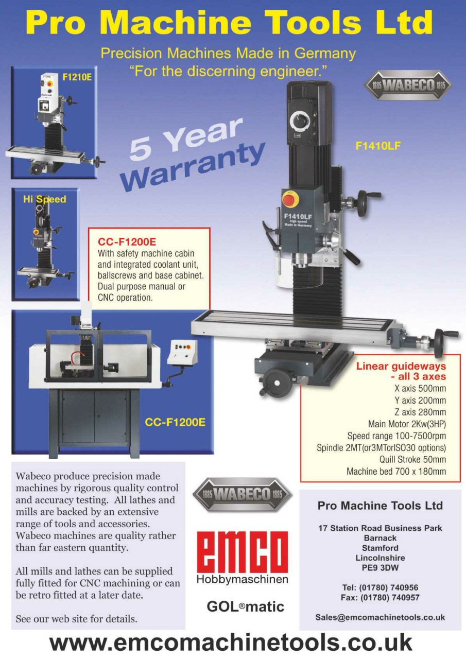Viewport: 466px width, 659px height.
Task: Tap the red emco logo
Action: coord(242,551)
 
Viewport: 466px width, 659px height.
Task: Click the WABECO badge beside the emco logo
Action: coord(242,495)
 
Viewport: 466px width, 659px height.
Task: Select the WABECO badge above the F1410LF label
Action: coord(408,85)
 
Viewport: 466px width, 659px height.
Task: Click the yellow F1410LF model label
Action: coord(378,146)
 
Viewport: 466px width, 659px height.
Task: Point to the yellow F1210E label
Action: coord(77,77)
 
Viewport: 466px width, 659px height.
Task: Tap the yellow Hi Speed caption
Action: coord(45,199)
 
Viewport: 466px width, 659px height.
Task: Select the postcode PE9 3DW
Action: coord(380,568)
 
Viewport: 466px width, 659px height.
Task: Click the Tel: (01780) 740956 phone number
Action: coord(380,587)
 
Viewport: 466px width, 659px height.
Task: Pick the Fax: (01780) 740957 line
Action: coord(380,598)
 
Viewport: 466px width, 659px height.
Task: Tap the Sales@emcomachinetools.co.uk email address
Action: coord(380,617)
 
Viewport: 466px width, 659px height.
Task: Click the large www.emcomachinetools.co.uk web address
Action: coord(231,643)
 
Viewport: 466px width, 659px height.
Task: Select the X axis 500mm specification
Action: coord(420,389)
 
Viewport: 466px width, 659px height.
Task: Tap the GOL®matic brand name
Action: coord(245,606)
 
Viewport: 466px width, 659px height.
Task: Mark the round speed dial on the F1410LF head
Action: coord(300,122)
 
